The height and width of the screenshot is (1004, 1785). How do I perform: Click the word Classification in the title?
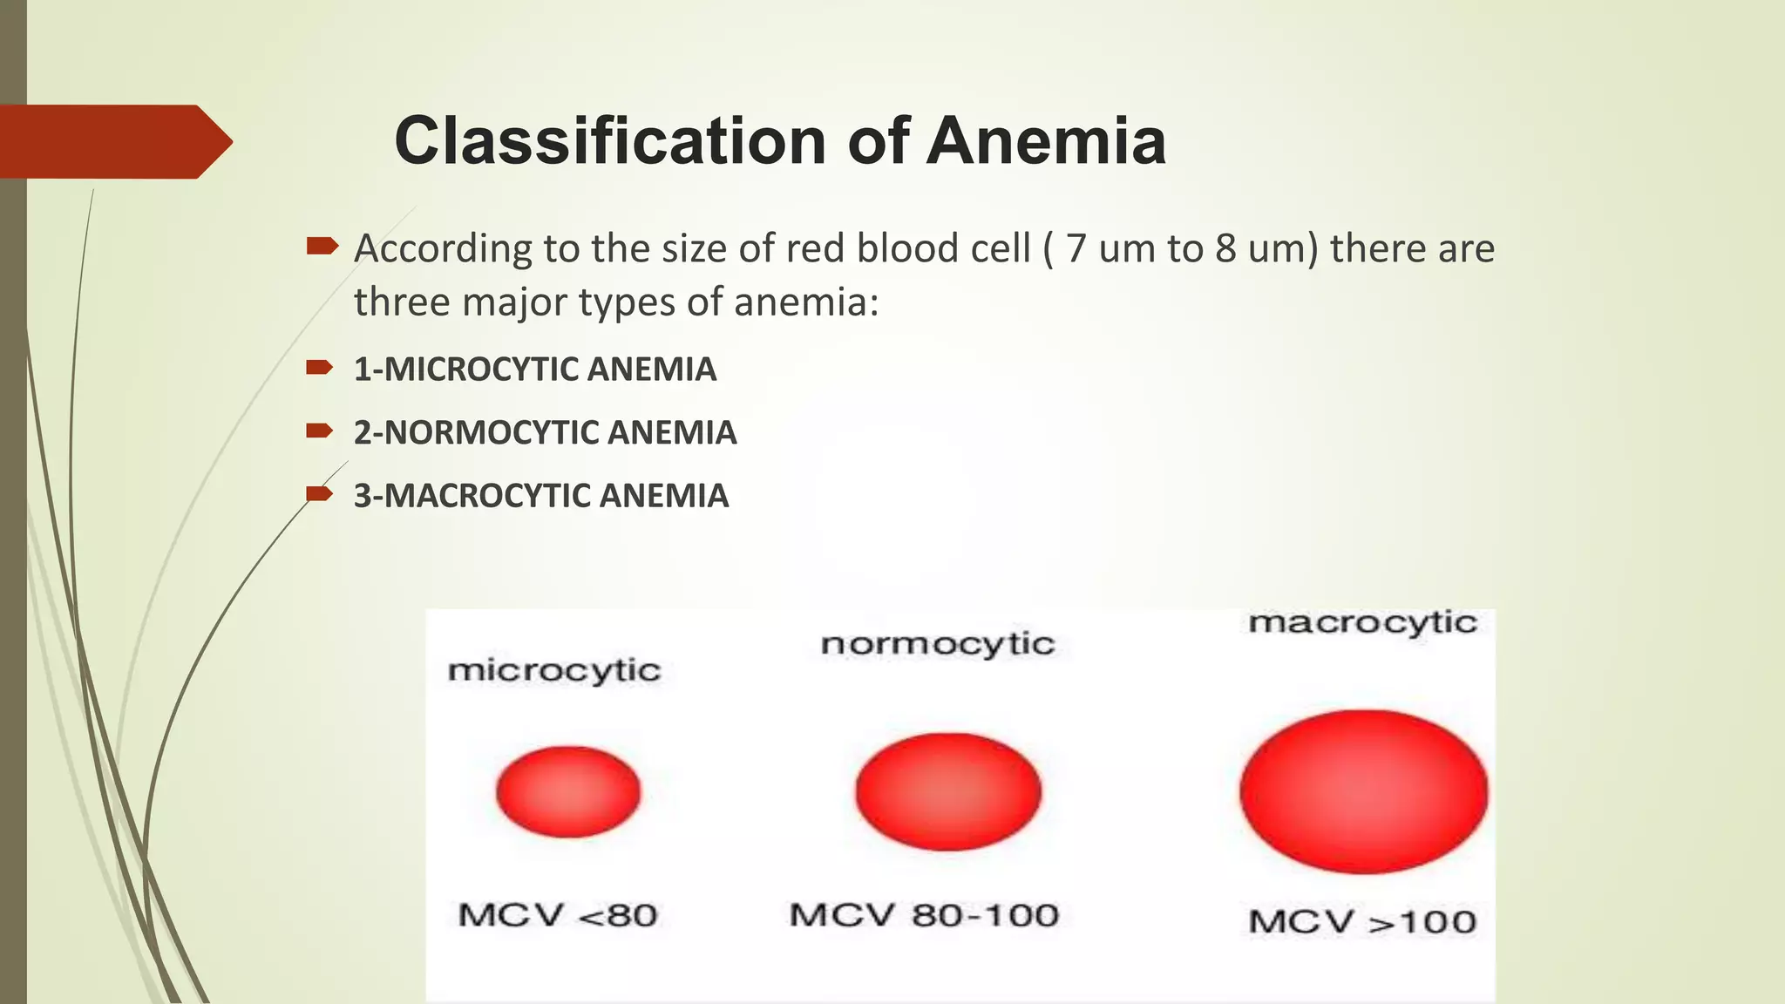point(609,141)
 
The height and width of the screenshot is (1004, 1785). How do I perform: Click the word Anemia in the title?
point(1045,141)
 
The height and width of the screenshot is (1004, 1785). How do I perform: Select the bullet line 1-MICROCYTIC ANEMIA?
point(534,370)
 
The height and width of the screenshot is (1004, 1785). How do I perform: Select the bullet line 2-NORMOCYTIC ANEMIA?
point(545,433)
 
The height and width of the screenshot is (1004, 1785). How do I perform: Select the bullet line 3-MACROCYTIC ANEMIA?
point(540,496)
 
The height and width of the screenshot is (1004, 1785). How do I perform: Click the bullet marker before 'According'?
point(322,247)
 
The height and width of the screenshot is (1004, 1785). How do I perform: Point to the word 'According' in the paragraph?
point(443,249)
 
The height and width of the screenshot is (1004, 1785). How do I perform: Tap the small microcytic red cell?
point(568,791)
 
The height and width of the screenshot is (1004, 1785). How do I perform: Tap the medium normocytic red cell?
point(948,791)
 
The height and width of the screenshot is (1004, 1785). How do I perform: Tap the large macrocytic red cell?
point(1363,791)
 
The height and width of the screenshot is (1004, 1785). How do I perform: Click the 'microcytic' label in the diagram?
point(554,670)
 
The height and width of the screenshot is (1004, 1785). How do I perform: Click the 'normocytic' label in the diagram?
point(938,644)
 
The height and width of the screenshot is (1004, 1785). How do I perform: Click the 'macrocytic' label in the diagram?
point(1362,622)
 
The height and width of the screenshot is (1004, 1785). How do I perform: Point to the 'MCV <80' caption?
point(558,915)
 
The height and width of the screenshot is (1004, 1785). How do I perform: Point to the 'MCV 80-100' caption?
point(924,915)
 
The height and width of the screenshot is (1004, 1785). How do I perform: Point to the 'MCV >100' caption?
point(1362,921)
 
